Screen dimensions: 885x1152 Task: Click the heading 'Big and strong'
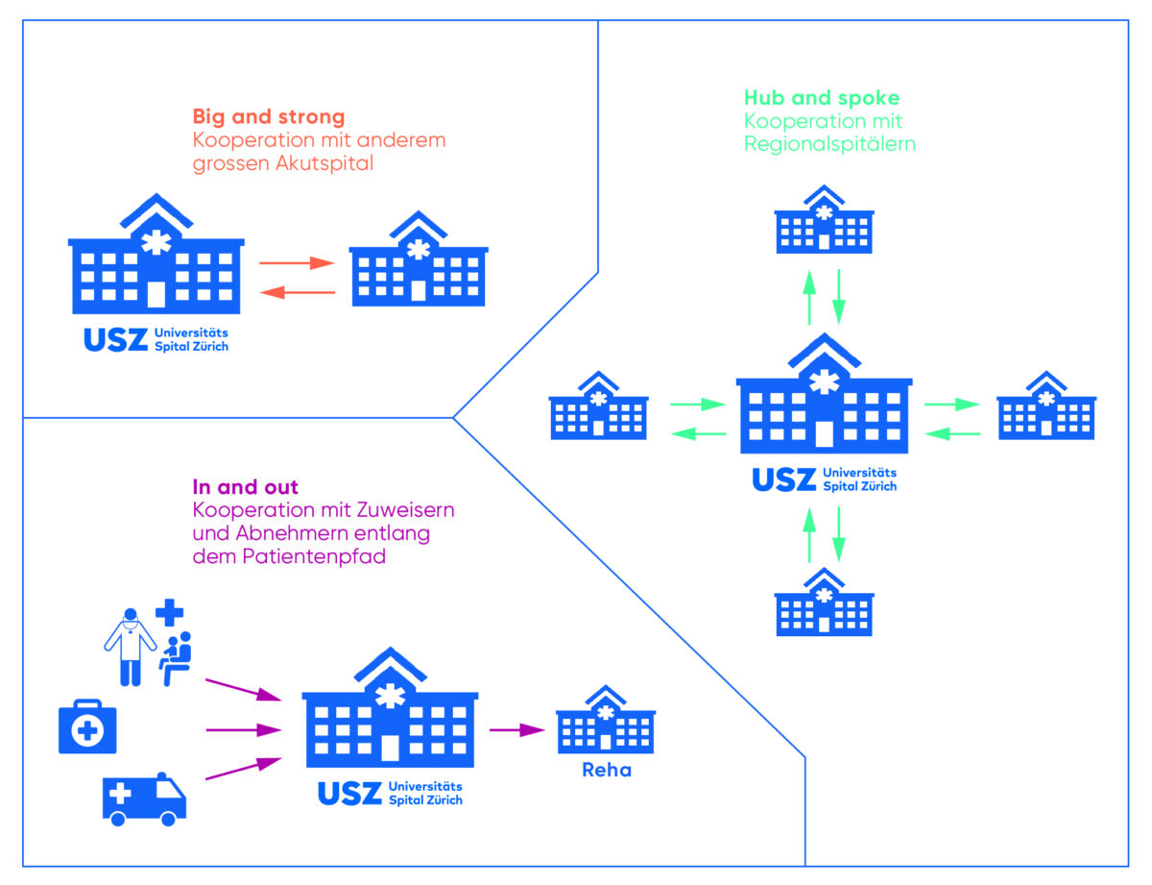click(268, 117)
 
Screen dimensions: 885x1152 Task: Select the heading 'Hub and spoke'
click(821, 98)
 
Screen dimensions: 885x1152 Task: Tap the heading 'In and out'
click(245, 487)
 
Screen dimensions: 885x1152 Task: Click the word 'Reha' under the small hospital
click(606, 770)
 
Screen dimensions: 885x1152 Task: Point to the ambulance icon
click(144, 799)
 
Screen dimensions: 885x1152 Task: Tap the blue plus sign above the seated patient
click(169, 611)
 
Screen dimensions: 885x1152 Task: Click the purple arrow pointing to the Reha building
click(516, 729)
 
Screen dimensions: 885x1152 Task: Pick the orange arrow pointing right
click(297, 262)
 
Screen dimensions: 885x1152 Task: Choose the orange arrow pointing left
click(297, 292)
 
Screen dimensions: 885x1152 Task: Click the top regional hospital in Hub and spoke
click(824, 220)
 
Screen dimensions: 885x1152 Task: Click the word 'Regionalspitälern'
click(830, 144)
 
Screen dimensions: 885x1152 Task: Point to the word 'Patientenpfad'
click(329, 556)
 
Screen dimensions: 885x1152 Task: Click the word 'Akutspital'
click(324, 163)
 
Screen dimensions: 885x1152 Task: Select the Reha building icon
click(606, 721)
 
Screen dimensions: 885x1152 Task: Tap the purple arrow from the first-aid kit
click(244, 729)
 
